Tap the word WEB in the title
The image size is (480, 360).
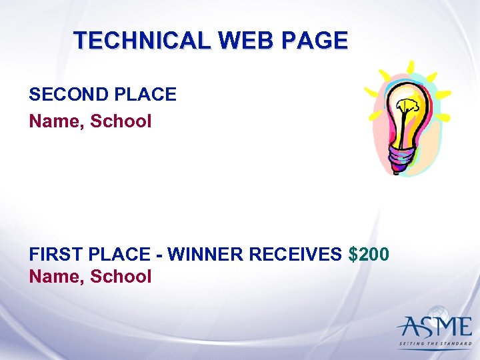pyautogui.click(x=244, y=41)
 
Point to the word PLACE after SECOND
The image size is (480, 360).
pyautogui.click(x=146, y=95)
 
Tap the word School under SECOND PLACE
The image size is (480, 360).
pyautogui.click(x=121, y=121)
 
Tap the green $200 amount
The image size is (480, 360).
pyautogui.click(x=369, y=255)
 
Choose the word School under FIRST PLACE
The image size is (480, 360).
pyautogui.click(x=121, y=276)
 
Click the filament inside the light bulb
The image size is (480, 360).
pyautogui.click(x=407, y=109)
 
